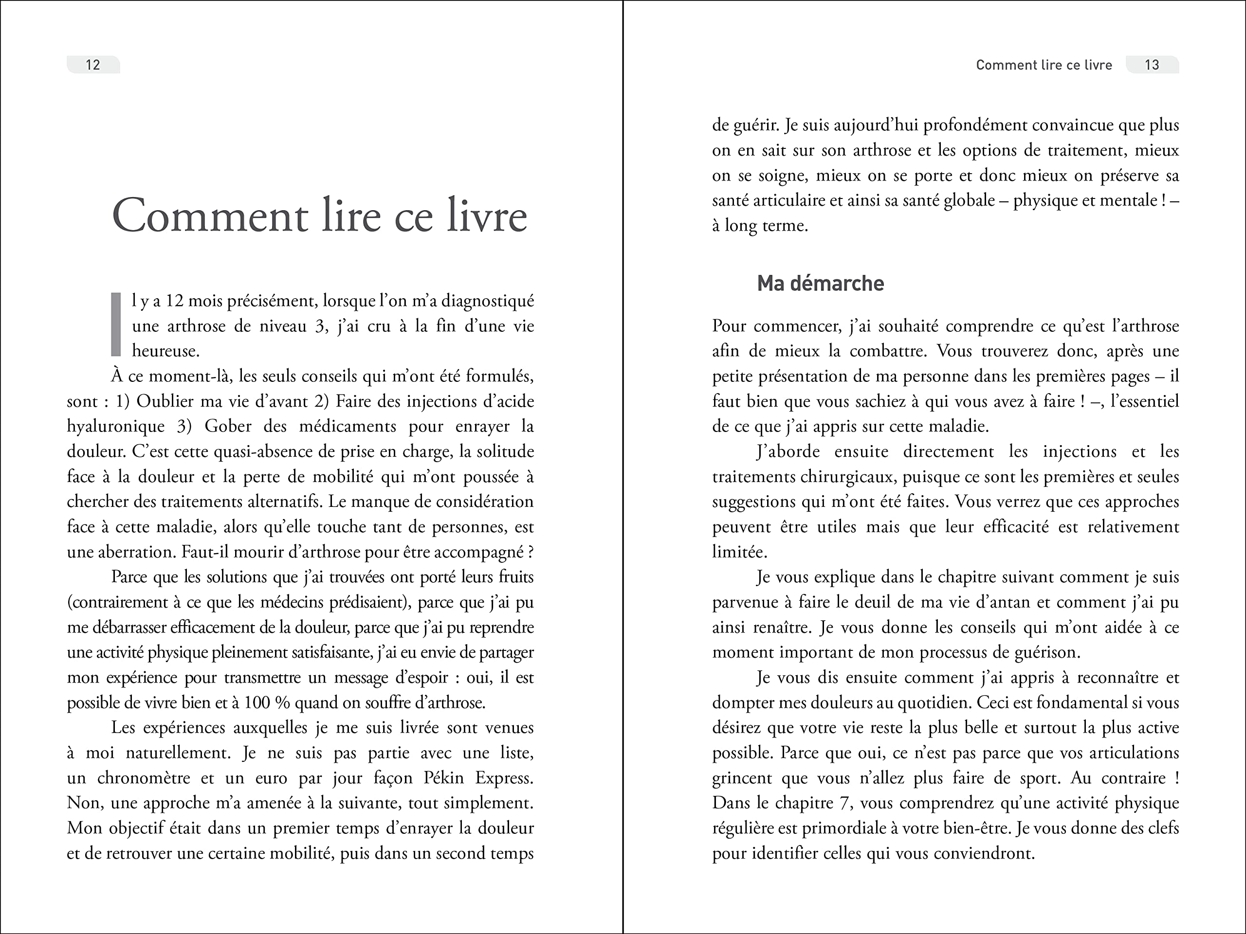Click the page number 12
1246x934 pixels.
(x=93, y=65)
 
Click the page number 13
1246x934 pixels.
(x=1152, y=65)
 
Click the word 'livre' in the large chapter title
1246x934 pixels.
(x=487, y=216)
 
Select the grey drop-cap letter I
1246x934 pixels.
(x=116, y=324)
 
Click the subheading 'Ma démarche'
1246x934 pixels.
(x=820, y=283)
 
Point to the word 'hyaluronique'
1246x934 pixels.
(x=115, y=426)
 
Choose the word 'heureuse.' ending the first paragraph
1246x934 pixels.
(x=165, y=351)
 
